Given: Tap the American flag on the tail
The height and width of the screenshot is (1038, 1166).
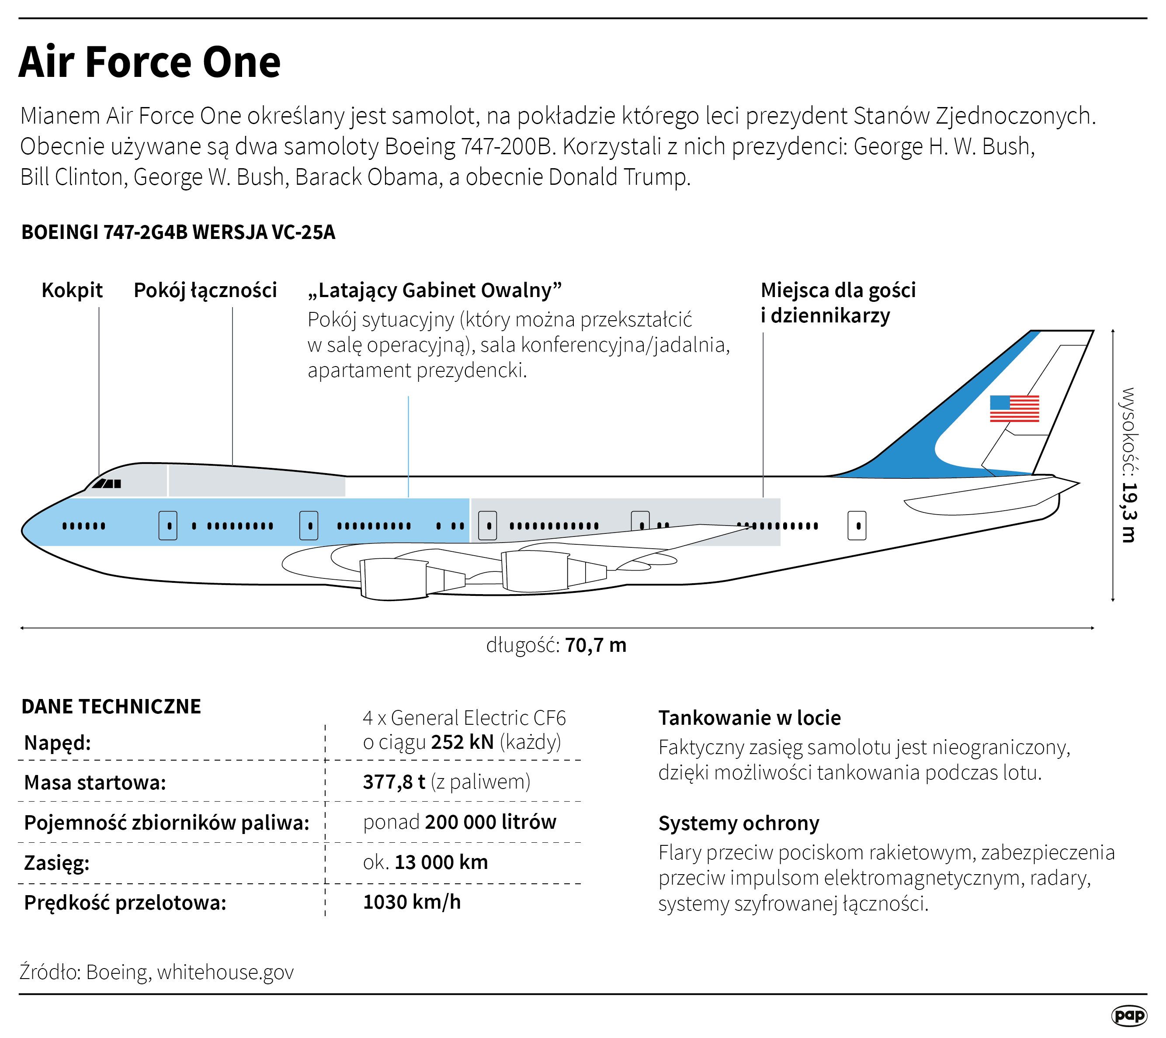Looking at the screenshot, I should pyautogui.click(x=1014, y=408).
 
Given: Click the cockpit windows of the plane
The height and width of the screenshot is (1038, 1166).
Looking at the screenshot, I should pyautogui.click(x=107, y=484).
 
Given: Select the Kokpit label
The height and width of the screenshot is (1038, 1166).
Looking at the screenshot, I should pyautogui.click(x=72, y=290).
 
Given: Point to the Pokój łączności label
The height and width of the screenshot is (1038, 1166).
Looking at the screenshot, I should pyautogui.click(x=205, y=290).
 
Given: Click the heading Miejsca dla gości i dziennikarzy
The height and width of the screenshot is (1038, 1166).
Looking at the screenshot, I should pyautogui.click(x=837, y=302).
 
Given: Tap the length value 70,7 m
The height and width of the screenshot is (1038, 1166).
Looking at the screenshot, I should pyautogui.click(x=595, y=645).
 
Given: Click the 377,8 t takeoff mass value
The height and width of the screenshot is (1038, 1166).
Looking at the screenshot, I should pyautogui.click(x=394, y=782).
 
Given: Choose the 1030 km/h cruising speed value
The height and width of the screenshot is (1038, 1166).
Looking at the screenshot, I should pyautogui.click(x=412, y=902).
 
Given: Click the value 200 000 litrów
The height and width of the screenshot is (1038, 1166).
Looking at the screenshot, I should pyautogui.click(x=490, y=822).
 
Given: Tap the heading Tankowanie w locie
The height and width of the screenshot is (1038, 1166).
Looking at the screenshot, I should pyautogui.click(x=749, y=717).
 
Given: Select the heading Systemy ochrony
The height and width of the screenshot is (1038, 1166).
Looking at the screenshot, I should pyautogui.click(x=738, y=823).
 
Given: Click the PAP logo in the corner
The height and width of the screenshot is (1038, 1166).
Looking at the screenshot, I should pyautogui.click(x=1129, y=1015).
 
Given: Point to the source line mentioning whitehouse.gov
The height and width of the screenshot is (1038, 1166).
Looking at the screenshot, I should pyautogui.click(x=157, y=972).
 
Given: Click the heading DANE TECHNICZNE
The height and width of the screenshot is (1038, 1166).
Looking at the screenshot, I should pyautogui.click(x=111, y=706).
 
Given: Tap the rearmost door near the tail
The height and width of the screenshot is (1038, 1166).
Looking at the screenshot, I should pyautogui.click(x=857, y=525).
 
